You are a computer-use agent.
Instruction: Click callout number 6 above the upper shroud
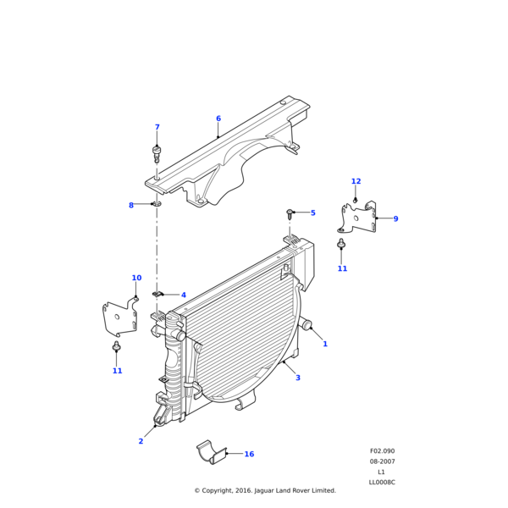tap(218, 119)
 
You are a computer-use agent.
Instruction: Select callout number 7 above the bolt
tap(157, 127)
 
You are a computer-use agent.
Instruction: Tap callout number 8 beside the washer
tap(131, 205)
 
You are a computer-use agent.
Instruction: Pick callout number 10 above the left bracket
tap(136, 278)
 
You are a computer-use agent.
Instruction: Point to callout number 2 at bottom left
tap(141, 441)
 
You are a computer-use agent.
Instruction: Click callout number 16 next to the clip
tap(249, 454)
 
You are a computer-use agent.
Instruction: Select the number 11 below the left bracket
tap(117, 371)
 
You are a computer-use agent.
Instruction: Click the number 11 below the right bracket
tap(342, 268)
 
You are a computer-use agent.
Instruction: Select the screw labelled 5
tap(290, 213)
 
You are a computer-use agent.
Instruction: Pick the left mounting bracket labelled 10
tap(119, 318)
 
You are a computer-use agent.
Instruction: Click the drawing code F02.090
tap(382, 451)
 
